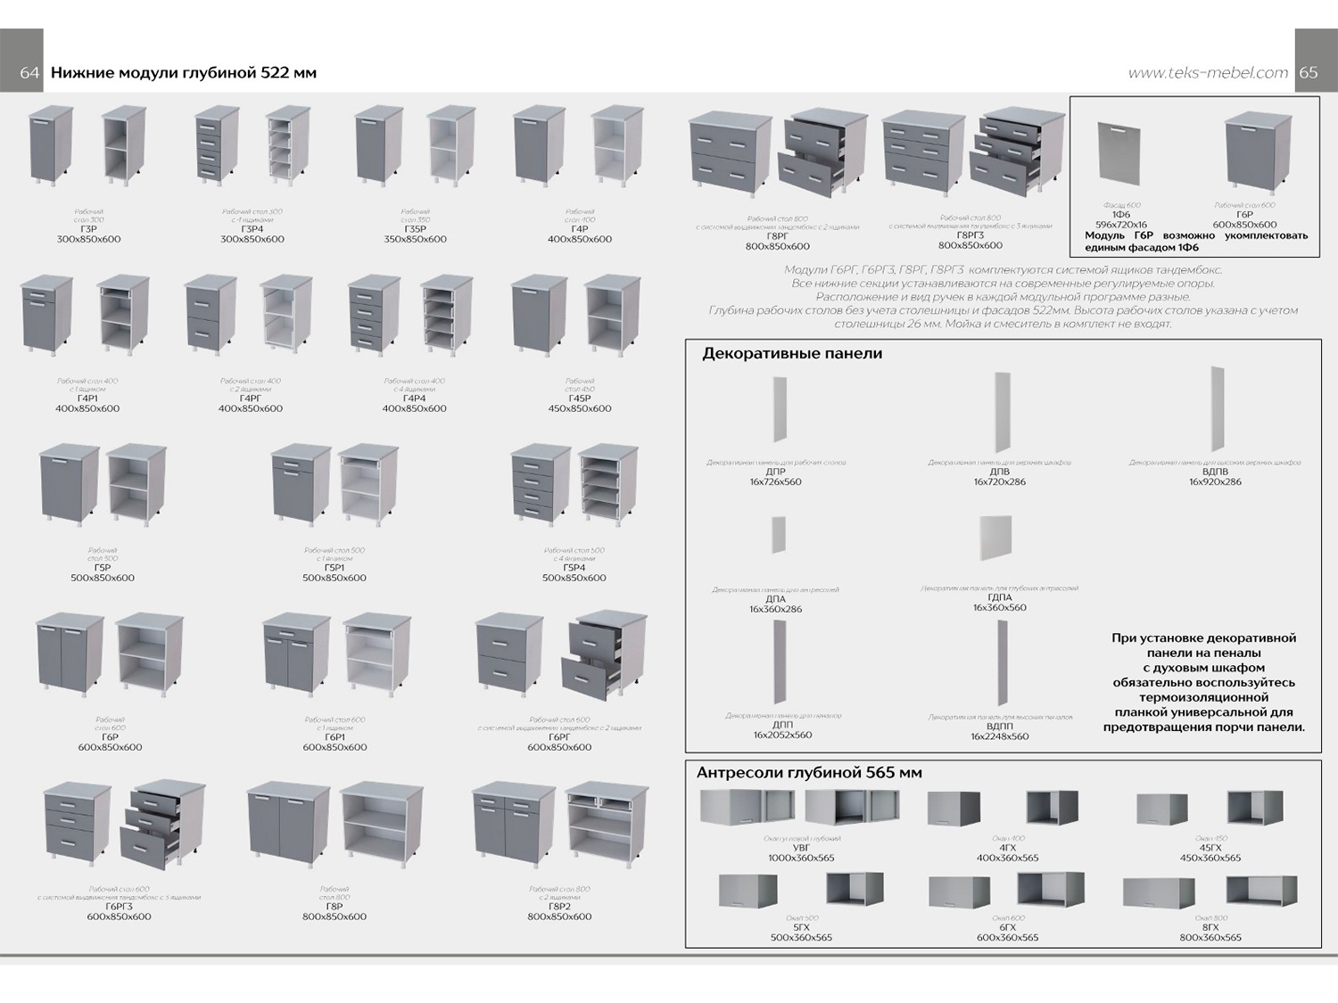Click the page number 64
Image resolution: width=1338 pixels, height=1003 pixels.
(x=29, y=73)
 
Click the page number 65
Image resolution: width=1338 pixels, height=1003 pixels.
(x=1309, y=73)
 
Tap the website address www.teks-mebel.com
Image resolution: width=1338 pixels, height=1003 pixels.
(x=1208, y=73)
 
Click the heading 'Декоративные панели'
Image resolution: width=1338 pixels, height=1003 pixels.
(x=792, y=353)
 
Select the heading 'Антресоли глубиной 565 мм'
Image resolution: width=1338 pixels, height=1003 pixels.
(x=809, y=772)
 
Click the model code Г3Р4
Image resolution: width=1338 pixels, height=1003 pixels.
(x=252, y=229)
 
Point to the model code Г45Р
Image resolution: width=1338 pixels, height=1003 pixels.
(x=580, y=399)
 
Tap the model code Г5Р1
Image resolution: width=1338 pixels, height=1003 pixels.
(x=334, y=568)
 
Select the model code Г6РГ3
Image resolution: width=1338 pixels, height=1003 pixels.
(x=119, y=907)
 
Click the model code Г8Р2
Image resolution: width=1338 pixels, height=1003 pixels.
(x=559, y=907)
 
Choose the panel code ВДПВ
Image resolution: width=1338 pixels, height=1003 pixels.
(x=1215, y=472)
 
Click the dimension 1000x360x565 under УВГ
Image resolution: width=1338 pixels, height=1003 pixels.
(x=801, y=858)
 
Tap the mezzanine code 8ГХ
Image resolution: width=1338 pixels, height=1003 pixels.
(x=1210, y=927)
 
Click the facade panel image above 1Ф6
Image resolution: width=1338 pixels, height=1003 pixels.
(x=1119, y=152)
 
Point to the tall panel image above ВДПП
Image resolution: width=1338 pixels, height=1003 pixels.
(x=1003, y=662)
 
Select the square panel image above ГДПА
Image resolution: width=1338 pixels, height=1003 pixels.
(x=995, y=538)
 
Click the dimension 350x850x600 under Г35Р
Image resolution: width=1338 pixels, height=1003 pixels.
(x=415, y=239)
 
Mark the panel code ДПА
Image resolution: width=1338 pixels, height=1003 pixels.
(x=775, y=599)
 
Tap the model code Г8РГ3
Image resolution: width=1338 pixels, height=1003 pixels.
(x=970, y=235)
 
